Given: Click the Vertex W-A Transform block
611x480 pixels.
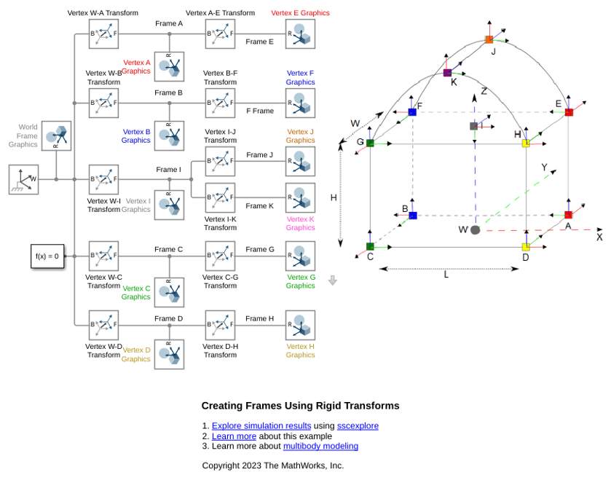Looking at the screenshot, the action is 103,34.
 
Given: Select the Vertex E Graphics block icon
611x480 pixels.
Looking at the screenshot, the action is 300,34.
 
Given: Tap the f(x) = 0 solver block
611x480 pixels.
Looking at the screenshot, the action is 47,256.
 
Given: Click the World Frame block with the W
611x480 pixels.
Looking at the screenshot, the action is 24,179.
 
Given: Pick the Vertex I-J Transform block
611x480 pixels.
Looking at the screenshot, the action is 220,161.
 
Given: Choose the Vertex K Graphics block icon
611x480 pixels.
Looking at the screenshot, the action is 300,197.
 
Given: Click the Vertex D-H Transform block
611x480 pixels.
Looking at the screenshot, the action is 220,325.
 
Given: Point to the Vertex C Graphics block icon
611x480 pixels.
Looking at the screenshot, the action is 169,292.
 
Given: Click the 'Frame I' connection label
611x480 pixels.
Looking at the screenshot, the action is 169,170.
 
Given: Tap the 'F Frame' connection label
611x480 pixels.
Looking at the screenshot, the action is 260,111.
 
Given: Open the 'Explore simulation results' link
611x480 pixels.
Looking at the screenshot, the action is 261,426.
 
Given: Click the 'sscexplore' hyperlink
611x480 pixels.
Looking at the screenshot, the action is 358,426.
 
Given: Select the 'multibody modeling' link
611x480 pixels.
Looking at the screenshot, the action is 320,446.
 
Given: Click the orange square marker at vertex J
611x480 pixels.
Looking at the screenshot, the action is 489,39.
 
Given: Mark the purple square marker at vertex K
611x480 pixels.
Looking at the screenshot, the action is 447,73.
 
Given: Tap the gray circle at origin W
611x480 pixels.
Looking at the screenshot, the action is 475,230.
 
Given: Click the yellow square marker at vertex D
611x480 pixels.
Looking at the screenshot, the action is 526,247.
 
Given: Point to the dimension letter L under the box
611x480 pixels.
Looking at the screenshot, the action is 446,275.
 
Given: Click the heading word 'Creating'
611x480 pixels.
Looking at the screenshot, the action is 223,406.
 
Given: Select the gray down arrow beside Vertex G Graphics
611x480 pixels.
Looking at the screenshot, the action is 332,280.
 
